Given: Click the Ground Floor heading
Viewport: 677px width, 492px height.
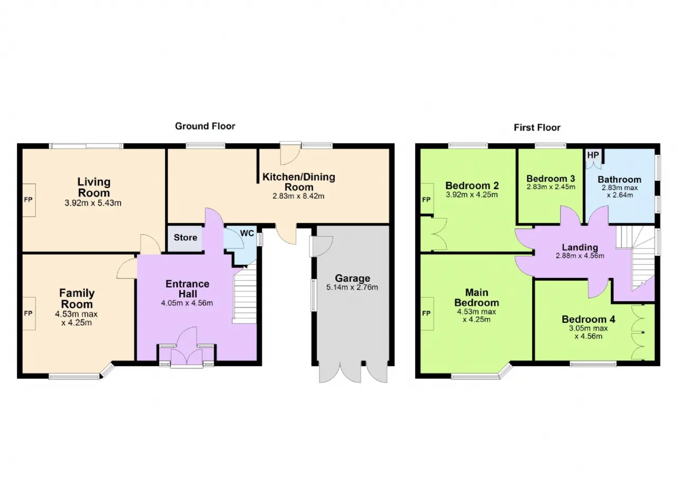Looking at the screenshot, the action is (x=205, y=126).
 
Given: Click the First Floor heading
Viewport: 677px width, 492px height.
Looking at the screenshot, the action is (x=537, y=128).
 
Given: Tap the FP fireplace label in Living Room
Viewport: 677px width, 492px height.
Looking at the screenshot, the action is (x=29, y=200).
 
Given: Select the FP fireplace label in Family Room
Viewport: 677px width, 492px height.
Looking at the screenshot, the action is (x=29, y=313).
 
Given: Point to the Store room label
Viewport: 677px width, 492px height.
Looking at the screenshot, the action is (x=185, y=237).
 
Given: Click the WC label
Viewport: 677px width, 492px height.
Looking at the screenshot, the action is (x=247, y=233).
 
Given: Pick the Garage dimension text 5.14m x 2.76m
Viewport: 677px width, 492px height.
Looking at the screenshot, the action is (x=352, y=287).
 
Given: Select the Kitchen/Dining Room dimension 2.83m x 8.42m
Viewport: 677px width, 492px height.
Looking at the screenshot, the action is (x=299, y=196).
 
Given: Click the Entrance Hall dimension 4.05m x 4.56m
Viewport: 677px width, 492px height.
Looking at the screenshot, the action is (x=187, y=303).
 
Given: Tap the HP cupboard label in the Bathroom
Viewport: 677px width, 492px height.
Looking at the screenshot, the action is (x=593, y=155).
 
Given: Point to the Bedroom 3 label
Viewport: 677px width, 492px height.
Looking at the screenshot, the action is (x=551, y=179).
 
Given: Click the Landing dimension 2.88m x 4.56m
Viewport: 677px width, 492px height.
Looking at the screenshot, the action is (x=580, y=256).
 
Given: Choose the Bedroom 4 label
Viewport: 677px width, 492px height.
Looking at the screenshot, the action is (x=589, y=319).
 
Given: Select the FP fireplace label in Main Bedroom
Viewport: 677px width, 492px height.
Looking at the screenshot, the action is (x=426, y=313).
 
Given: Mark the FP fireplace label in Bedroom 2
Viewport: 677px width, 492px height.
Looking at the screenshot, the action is (x=426, y=200).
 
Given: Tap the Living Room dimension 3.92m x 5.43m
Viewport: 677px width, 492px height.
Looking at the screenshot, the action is (x=93, y=203).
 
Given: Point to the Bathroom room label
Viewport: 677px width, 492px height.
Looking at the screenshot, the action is (x=619, y=180).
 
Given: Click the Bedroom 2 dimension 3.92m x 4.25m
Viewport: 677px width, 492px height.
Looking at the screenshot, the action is (x=472, y=195).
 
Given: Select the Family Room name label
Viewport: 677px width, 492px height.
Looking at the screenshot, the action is (x=77, y=299).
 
